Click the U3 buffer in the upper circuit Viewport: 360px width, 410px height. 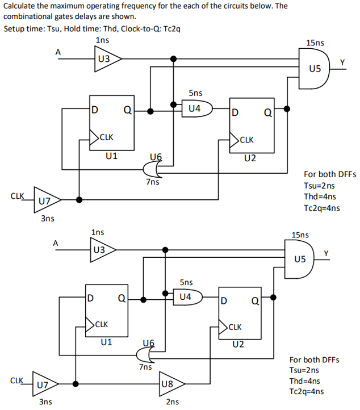(106, 58)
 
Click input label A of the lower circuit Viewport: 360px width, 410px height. (55, 242)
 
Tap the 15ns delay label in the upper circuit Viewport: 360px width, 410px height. (315, 43)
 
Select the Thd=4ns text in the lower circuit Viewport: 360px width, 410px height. (307, 380)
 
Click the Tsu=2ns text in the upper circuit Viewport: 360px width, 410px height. (320, 186)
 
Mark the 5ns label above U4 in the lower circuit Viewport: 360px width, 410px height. (186, 282)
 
